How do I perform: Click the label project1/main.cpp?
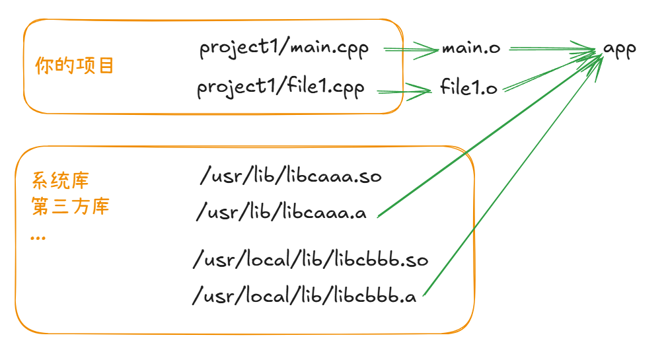click(x=284, y=50)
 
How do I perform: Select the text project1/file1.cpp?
click(x=280, y=89)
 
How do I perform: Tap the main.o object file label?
click(x=470, y=49)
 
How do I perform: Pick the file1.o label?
click(x=468, y=89)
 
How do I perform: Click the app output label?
click(x=619, y=50)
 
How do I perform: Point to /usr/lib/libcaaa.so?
click(x=291, y=177)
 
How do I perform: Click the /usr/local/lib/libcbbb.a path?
click(x=305, y=295)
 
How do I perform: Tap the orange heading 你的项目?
click(x=75, y=66)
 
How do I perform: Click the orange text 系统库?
click(x=60, y=180)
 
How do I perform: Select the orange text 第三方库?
click(x=70, y=207)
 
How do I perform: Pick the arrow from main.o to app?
click(x=552, y=48)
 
